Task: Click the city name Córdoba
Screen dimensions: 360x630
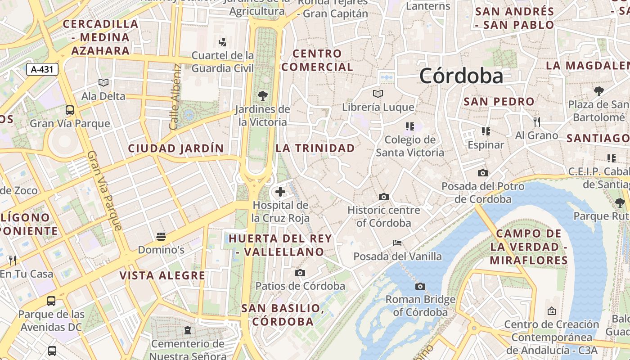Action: (x=461, y=76)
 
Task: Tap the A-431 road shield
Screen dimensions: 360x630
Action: (x=42, y=69)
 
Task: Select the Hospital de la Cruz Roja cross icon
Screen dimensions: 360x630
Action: (x=280, y=192)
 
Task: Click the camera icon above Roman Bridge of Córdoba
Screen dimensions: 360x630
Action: (x=420, y=286)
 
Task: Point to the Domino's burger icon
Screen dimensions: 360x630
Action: (x=161, y=236)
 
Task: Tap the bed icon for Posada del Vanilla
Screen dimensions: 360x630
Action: (x=397, y=243)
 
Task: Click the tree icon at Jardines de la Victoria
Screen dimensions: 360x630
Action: (x=263, y=96)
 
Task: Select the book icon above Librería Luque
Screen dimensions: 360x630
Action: (x=378, y=94)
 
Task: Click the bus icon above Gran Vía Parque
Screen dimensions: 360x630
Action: (x=70, y=110)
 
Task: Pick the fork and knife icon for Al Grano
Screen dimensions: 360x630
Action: (x=536, y=121)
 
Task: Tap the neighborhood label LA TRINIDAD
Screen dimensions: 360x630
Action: (x=315, y=148)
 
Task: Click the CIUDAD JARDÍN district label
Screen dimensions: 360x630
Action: (x=175, y=148)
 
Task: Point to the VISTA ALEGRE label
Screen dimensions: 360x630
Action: (x=162, y=275)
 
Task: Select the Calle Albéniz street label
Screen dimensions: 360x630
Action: (x=175, y=97)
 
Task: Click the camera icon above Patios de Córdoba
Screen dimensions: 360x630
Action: (x=300, y=273)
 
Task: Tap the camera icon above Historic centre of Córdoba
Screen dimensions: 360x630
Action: (x=384, y=197)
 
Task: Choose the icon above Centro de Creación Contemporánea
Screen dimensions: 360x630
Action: (x=551, y=311)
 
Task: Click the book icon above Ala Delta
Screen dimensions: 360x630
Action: (x=103, y=82)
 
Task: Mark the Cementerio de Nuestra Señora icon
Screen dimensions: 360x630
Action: (x=187, y=331)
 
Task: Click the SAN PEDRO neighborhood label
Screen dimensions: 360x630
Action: (x=499, y=102)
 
